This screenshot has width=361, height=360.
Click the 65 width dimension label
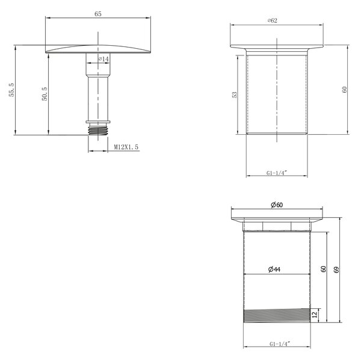pyautogui.click(x=98, y=14)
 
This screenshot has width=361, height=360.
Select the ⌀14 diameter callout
pyautogui.click(x=103, y=59)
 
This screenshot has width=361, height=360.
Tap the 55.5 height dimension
pyautogui.click(x=12, y=90)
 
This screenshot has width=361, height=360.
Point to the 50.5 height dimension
pyautogui.click(x=45, y=94)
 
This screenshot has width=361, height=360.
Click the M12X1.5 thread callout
pyautogui.click(x=126, y=147)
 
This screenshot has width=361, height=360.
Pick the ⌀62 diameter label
pyautogui.click(x=273, y=20)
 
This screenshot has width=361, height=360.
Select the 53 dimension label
pyautogui.click(x=235, y=95)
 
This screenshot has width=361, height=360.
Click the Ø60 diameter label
pyautogui.click(x=277, y=205)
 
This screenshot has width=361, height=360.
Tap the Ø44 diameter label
pyautogui.click(x=274, y=269)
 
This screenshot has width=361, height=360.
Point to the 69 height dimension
pyautogui.click(x=336, y=270)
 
